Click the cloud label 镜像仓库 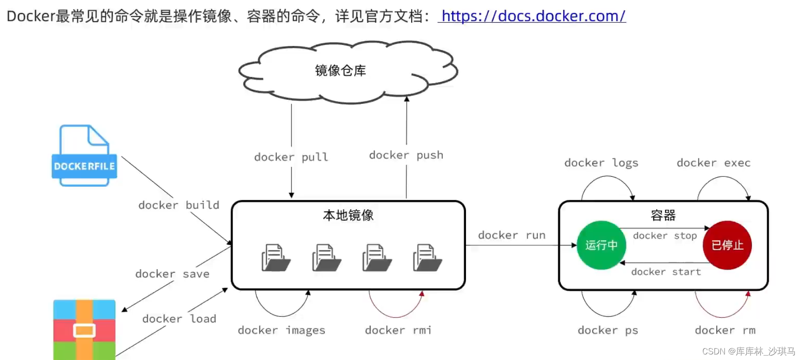tap(340, 71)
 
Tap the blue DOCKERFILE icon tap(84, 156)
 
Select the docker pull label tap(291, 157)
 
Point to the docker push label tap(406, 155)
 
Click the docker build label tap(179, 205)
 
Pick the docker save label tap(172, 274)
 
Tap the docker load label tap(179, 319)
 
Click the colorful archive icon tap(84, 329)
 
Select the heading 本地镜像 tap(348, 215)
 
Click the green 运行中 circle tap(601, 245)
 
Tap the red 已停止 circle tap(727, 245)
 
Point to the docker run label tap(511, 235)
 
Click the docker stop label tap(665, 236)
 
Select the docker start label tap(666, 272)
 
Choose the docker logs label tap(601, 163)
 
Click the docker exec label tap(713, 163)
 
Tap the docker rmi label tap(398, 330)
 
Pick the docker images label tap(281, 330)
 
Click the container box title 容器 tap(663, 215)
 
